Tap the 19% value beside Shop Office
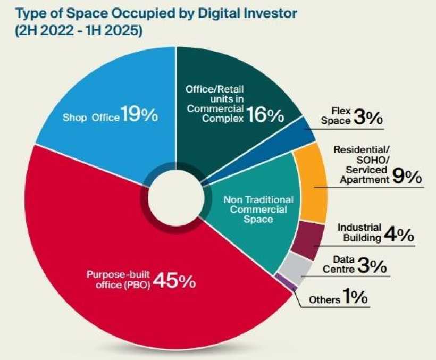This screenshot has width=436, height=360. tap(139, 114)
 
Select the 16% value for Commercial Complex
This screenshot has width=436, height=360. tap(265, 115)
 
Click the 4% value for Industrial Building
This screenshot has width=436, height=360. tap(399, 235)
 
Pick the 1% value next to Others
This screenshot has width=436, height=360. tap(355, 296)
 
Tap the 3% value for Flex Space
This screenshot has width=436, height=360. tap(368, 118)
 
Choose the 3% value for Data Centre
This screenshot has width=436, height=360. tap(372, 265)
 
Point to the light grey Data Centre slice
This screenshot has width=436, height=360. tap(296, 267)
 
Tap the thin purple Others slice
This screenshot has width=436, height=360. tap(284, 282)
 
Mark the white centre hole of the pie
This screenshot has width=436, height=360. tap(176, 197)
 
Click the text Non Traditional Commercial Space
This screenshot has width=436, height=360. tap(258, 210)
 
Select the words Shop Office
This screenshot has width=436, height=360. tap(91, 118)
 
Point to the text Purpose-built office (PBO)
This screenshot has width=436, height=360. tap(119, 279)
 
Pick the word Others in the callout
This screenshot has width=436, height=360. tap(324, 299)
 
